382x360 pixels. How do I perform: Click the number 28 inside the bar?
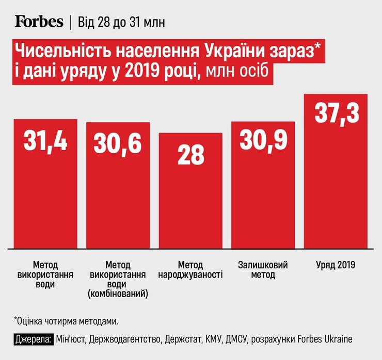pyautogui.click(x=190, y=155)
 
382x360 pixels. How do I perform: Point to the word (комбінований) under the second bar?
pyautogui.click(x=118, y=294)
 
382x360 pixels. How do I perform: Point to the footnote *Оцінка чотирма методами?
pyautogui.click(x=67, y=321)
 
